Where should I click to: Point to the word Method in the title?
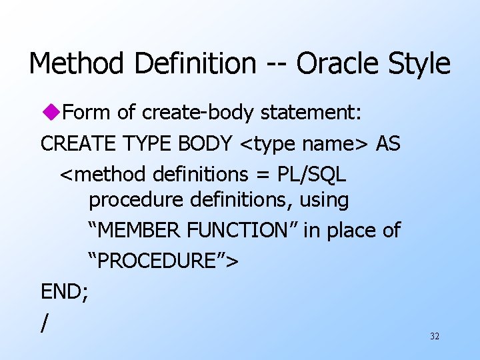(x=75, y=64)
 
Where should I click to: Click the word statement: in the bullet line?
(x=311, y=113)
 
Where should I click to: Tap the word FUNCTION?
(x=244, y=231)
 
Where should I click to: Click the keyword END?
(x=65, y=291)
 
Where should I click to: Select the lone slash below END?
(x=45, y=323)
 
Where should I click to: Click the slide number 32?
(x=435, y=337)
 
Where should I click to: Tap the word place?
(x=352, y=231)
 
